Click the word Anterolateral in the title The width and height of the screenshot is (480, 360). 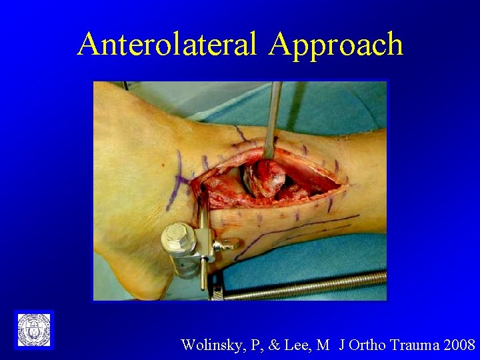[x=167, y=44]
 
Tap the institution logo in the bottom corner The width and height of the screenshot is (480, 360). [x=33, y=329]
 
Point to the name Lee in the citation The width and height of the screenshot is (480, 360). [x=301, y=345]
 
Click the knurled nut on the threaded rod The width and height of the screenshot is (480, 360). [x=219, y=291]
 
